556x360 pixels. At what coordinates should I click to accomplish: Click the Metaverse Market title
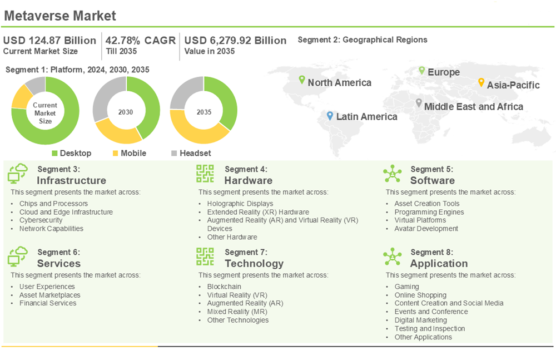pos(60,15)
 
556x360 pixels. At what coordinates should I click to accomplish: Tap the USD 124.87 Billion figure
pos(49,41)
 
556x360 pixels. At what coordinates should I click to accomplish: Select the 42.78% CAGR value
pos(141,41)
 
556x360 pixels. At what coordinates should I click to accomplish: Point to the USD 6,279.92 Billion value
pos(235,41)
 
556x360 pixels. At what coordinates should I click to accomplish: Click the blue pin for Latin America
pos(330,116)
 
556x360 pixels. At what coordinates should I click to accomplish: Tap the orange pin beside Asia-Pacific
pos(481,82)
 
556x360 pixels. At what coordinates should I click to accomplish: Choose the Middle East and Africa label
pos(473,106)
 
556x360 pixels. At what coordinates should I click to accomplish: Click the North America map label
pos(339,83)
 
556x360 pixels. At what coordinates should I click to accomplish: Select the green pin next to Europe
pos(422,71)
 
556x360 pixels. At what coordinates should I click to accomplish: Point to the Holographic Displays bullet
pos(240,204)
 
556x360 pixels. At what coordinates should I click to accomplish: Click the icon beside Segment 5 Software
pos(393,174)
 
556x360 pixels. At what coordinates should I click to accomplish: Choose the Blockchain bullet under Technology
pos(224,287)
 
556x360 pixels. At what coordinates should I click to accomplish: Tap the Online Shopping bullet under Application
pos(420,295)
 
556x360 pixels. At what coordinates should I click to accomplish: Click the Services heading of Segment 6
pos(59,264)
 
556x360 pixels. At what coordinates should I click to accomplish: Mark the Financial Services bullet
pos(48,304)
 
